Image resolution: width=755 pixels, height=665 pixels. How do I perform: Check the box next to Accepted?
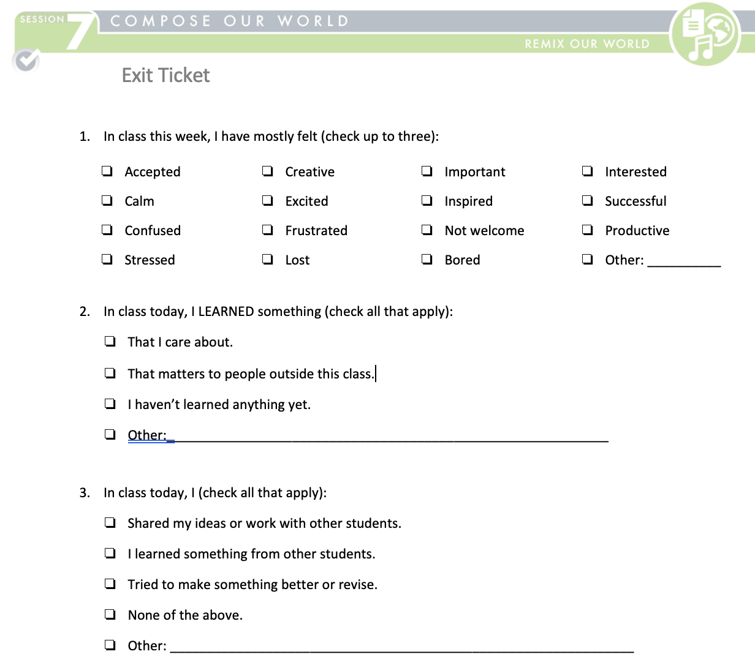[x=107, y=171]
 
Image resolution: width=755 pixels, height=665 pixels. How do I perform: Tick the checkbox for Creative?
[x=268, y=171]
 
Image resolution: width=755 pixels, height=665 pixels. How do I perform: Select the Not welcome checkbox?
[x=427, y=230]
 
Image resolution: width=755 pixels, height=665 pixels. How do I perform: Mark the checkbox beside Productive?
[x=588, y=230]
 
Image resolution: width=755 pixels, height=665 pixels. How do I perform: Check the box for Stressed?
[x=107, y=259]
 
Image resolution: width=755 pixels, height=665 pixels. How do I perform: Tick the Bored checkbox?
[x=427, y=259]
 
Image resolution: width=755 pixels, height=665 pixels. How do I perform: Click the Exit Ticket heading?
[x=165, y=75]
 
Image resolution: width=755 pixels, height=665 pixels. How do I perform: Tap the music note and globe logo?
[x=705, y=34]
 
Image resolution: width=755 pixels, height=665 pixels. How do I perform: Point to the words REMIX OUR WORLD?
[x=586, y=44]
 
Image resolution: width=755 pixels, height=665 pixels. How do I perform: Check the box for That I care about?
[x=110, y=341]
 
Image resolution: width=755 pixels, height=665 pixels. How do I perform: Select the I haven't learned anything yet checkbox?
[x=110, y=404]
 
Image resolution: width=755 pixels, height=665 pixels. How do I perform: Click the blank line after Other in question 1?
[x=684, y=262]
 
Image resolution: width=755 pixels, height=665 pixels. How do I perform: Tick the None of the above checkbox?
[x=110, y=614]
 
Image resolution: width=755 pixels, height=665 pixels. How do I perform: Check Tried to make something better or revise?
[x=110, y=584]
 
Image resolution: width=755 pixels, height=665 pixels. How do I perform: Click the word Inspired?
[x=468, y=201]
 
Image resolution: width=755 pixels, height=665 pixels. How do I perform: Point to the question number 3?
[x=85, y=493]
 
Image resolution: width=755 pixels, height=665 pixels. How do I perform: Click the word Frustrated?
[x=316, y=231]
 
